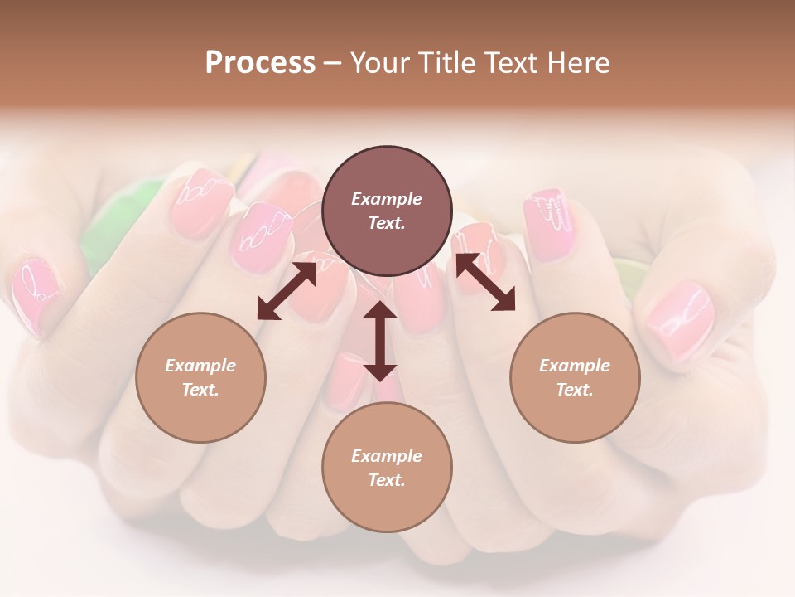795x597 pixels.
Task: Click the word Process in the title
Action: [260, 63]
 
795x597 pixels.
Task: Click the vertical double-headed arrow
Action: [380, 341]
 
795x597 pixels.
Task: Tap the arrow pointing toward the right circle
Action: [485, 282]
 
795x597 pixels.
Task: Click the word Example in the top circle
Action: [387, 199]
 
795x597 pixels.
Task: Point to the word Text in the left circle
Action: [200, 390]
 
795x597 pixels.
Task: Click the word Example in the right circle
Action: [575, 366]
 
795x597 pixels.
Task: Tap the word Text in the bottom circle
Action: [387, 480]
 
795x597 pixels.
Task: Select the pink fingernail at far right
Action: [681, 318]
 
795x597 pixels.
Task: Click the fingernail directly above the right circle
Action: [549, 216]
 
